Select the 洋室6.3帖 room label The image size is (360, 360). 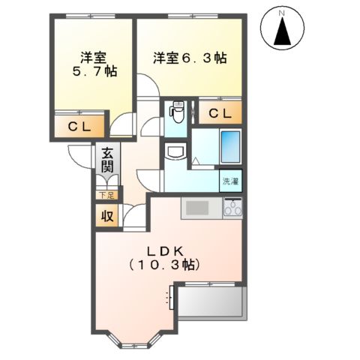pos(190,58)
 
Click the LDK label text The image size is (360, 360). pos(163,250)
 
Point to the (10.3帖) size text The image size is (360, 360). pos(163,265)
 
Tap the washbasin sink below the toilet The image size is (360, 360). pos(175,152)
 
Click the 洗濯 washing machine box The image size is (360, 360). pos(231,181)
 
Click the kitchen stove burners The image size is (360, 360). pos(232,208)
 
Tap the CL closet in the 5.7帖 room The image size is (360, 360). pos(80,127)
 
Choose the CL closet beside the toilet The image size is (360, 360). pos(220,114)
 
